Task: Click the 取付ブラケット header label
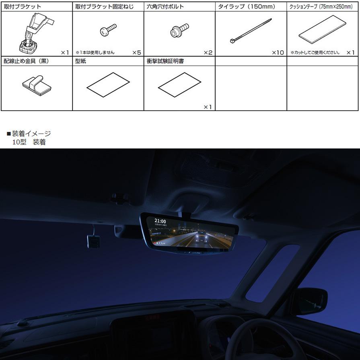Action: click(23, 7)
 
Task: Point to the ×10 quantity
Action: click(278, 53)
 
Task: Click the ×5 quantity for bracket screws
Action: click(136, 53)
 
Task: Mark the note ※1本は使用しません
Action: click(95, 53)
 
